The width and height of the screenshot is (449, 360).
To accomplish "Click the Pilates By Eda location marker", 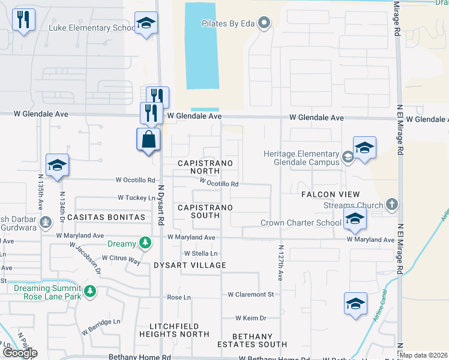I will tap(265, 24).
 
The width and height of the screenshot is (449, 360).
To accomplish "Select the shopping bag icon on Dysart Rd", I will tap(148, 140).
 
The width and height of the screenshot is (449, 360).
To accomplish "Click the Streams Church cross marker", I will tap(392, 205).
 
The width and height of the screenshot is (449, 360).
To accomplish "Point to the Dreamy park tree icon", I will tap(145, 243).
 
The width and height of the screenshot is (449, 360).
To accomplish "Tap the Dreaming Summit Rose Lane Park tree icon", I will tap(90, 291).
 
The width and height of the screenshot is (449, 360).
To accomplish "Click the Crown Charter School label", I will tap(301, 223).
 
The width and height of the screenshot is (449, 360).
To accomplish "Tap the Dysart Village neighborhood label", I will tap(190, 265).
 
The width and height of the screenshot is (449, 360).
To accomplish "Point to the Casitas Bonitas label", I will tap(106, 217).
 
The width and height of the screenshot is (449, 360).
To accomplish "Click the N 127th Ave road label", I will tap(280, 262).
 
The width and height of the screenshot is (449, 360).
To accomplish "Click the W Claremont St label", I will tap(250, 295).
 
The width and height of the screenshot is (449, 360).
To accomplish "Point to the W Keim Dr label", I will tap(250, 318).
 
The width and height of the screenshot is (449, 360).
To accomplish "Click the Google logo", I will tap(20, 353).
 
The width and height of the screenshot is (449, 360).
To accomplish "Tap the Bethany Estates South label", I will tap(252, 341).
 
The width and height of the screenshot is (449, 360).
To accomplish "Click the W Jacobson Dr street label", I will tap(85, 257).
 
